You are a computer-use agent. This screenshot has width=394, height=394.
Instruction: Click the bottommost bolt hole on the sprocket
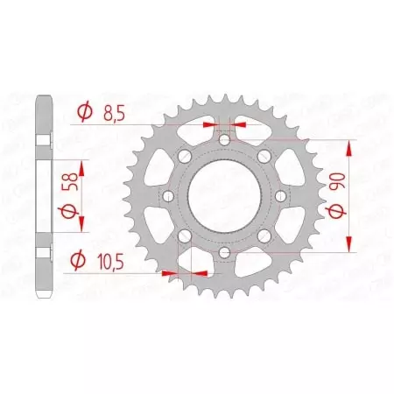point(225,252)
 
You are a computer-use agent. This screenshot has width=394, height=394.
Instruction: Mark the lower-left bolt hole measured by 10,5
point(184,236)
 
